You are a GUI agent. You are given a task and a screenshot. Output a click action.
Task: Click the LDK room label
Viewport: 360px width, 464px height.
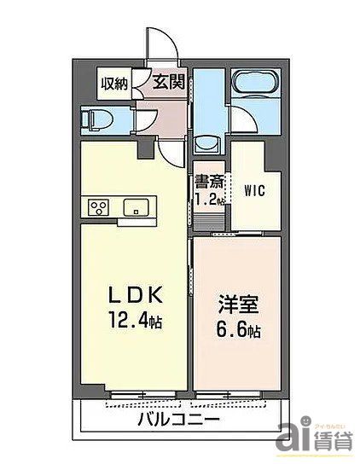pyautogui.click(x=134, y=296)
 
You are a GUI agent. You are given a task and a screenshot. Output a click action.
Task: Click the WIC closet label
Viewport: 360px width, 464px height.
pyautogui.click(x=253, y=189)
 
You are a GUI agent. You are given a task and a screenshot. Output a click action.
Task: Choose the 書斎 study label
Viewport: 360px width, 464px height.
pyautogui.click(x=209, y=181)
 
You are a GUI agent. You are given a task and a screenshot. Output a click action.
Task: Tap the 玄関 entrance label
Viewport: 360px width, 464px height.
pyautogui.click(x=169, y=82)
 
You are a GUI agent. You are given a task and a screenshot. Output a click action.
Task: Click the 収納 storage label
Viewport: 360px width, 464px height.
pyautogui.click(x=114, y=83)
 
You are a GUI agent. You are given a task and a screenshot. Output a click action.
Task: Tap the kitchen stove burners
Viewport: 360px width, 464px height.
pyautogui.click(x=97, y=208)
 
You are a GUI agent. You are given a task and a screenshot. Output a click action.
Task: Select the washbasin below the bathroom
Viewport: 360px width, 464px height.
pyautogui.click(x=206, y=142)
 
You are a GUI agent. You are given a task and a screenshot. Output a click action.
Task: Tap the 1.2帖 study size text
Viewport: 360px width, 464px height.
pyautogui.click(x=209, y=200)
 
